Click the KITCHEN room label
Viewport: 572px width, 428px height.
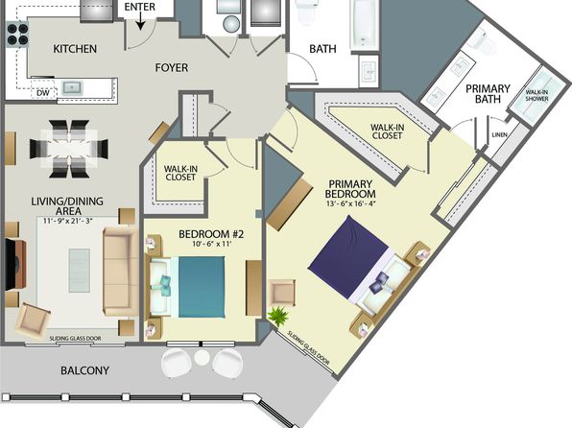tap(75, 49)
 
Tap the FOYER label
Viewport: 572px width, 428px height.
tap(172, 67)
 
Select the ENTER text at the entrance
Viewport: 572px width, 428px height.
tap(140, 7)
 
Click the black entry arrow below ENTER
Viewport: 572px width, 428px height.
tap(141, 23)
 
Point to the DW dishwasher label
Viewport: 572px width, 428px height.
tap(43, 93)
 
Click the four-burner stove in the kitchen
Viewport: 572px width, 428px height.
tap(17, 35)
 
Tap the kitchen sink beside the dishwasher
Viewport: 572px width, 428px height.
tap(72, 88)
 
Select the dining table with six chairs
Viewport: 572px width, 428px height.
tap(69, 149)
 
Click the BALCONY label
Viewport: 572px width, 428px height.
tap(84, 370)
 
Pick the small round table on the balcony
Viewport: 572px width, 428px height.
tap(202, 358)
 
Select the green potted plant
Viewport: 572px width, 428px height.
tap(278, 316)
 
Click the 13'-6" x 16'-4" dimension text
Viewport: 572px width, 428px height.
tap(350, 203)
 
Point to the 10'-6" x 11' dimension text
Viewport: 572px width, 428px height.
tap(212, 244)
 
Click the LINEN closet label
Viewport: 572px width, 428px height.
tap(499, 134)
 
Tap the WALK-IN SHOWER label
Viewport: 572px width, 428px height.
tap(536, 95)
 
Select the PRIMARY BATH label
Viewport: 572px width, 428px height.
tap(488, 94)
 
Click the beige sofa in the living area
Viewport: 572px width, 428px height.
tap(120, 271)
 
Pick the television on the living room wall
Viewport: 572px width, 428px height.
tap(14, 264)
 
